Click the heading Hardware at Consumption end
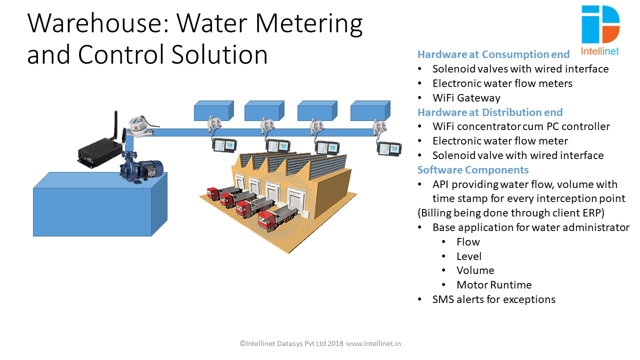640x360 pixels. pos(493,54)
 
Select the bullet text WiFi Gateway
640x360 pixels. pos(466,98)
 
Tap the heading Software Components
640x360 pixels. pos(473,169)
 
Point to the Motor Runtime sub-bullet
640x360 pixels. pos(494,285)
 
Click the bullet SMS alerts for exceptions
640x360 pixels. pos(493,299)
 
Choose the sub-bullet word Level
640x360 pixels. pos(469,256)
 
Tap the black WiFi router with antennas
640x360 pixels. pos(100,150)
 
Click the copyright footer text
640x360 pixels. pos(320,343)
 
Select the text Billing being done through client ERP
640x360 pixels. pos(511,213)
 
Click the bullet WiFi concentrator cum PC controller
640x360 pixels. pos(521,126)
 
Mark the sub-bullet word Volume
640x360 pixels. pos(475,270)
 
